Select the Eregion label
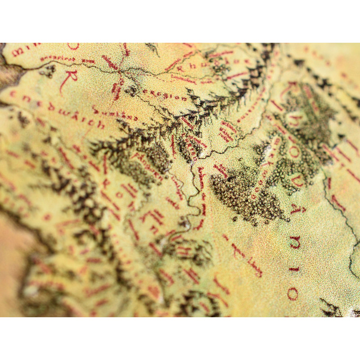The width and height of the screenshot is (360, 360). point(164,94)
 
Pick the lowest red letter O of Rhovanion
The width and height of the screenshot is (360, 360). point(292,294)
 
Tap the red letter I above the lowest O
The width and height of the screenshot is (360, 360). point(294,269)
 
